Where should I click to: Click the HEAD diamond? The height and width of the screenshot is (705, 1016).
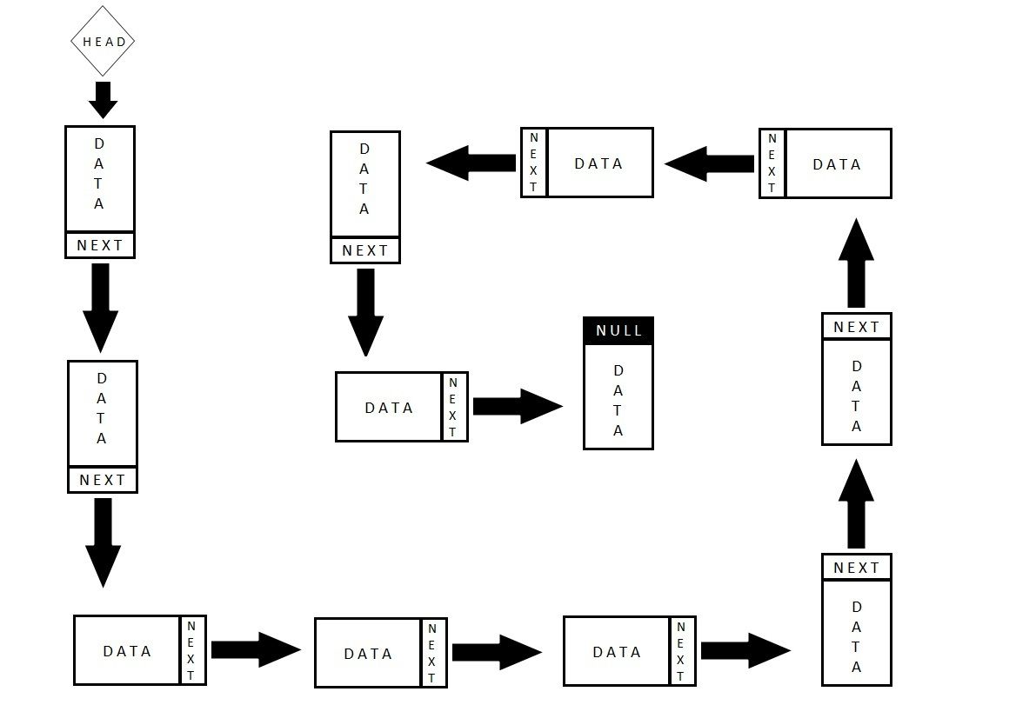104,41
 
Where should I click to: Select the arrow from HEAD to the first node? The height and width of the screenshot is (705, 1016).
103,100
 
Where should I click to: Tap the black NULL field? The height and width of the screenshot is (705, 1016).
618,330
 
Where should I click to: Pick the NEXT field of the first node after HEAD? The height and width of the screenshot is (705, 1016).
100,245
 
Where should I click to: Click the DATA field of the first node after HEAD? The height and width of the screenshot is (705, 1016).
99,179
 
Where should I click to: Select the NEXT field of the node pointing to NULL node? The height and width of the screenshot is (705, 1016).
454,407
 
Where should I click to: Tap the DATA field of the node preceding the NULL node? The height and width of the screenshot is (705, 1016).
389,407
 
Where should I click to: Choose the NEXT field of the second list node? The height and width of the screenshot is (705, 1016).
103,480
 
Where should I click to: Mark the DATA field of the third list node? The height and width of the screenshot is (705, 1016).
127,651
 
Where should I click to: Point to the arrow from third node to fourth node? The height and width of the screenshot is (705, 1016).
255,649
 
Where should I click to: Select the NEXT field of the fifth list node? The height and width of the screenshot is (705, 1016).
681,651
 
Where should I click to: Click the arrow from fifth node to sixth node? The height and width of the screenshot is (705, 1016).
745,649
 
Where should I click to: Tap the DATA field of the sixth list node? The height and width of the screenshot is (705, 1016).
857,633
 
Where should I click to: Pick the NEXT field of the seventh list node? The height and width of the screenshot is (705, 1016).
857,327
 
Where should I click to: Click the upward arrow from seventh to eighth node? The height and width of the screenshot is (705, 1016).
857,262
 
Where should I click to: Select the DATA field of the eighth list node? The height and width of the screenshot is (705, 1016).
838,164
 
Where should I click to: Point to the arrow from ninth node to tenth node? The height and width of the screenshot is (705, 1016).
471,163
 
